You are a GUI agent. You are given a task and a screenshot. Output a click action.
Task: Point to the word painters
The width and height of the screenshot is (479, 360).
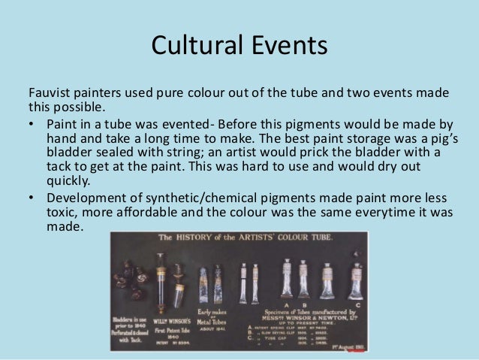(101, 92)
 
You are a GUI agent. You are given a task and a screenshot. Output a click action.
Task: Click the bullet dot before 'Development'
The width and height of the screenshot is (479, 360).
(32, 198)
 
